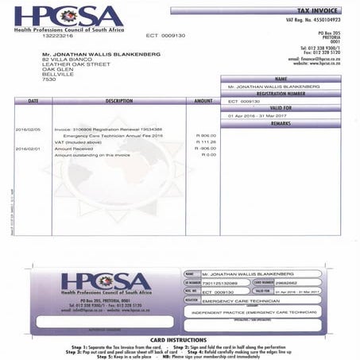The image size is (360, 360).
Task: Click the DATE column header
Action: point(33,102)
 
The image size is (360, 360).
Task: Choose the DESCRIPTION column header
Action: point(118,102)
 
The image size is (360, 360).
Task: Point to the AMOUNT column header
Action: point(203,102)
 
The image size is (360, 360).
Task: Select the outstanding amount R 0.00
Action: point(209,154)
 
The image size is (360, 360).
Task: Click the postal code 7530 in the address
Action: point(49,79)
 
